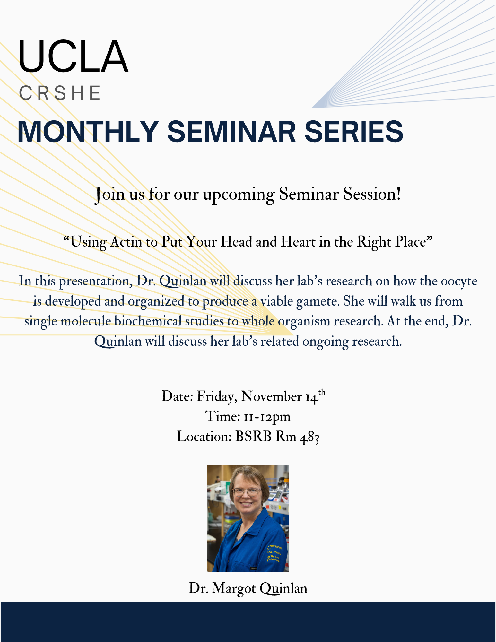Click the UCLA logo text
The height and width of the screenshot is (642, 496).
pyautogui.click(x=73, y=56)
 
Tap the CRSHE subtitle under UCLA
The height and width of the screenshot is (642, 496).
pyautogui.click(x=60, y=93)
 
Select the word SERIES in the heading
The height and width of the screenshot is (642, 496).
pyautogui.click(x=353, y=132)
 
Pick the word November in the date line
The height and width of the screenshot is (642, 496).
pyautogui.click(x=271, y=396)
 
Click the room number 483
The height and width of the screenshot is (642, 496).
pyautogui.click(x=309, y=437)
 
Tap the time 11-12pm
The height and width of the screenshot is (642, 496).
pyautogui.click(x=267, y=417)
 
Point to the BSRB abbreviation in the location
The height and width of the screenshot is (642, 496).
pyautogui.click(x=253, y=437)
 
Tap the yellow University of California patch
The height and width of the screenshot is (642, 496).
pyautogui.click(x=274, y=553)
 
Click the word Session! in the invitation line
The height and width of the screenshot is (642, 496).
pyautogui.click(x=372, y=194)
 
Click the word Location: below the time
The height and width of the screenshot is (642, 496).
pyautogui.click(x=204, y=437)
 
